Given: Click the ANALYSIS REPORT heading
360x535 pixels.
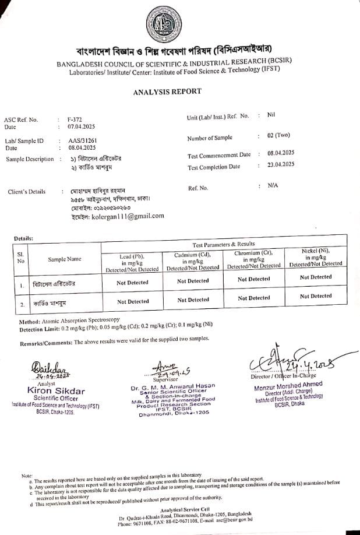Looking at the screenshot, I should [x=167, y=91].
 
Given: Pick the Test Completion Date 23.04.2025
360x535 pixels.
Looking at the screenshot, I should [x=281, y=165].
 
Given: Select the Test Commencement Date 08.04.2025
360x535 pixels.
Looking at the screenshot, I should [x=281, y=153].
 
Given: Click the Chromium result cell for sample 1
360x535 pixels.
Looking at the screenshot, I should [x=254, y=279].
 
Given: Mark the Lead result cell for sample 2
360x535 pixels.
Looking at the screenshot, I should [x=133, y=301].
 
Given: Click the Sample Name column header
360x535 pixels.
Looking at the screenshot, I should [x=65, y=259].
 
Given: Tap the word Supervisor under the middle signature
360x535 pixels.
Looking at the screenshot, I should [x=165, y=379].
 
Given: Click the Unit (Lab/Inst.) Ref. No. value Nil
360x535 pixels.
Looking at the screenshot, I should [x=271, y=115].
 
